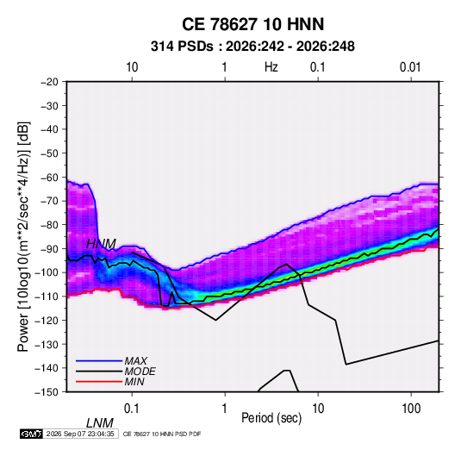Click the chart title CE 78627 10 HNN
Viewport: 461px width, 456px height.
[x=252, y=24]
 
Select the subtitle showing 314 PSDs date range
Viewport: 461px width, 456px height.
[x=252, y=47]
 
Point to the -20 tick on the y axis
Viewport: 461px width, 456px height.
[x=49, y=82]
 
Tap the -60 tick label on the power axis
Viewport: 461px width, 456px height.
[x=49, y=177]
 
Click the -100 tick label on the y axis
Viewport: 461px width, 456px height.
[x=47, y=272]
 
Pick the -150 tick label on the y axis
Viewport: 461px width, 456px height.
[x=47, y=392]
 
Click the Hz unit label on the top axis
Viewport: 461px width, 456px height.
[x=271, y=67]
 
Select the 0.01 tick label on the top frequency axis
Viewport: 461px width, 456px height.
[x=410, y=67]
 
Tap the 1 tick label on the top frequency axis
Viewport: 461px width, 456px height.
[x=224, y=67]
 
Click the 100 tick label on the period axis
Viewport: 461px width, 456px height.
[x=411, y=409]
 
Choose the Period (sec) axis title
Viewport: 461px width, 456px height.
[x=271, y=418]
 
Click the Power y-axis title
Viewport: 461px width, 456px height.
[x=23, y=237]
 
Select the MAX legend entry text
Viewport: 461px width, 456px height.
[x=136, y=361]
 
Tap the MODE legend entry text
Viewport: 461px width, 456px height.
[x=140, y=372]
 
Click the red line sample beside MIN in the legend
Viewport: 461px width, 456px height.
[x=99, y=382]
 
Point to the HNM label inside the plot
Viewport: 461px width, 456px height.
[x=101, y=244]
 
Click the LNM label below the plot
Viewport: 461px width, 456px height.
[x=100, y=423]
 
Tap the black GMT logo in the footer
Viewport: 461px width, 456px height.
[x=32, y=434]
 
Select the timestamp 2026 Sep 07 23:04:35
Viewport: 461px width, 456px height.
[x=80, y=434]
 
